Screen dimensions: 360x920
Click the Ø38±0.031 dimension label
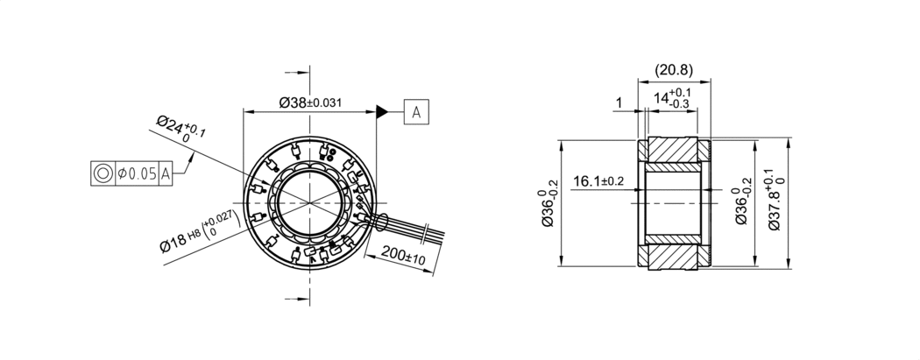click(x=310, y=102)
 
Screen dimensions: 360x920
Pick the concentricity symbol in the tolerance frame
click(x=103, y=173)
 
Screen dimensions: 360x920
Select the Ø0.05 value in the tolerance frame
click(x=136, y=173)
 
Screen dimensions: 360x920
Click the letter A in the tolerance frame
click(x=165, y=173)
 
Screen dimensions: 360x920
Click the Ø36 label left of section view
click(x=548, y=208)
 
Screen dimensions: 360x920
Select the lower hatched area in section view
click(x=674, y=256)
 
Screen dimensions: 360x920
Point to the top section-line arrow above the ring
click(x=304, y=74)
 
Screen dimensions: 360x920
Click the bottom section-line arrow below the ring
click(x=304, y=300)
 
